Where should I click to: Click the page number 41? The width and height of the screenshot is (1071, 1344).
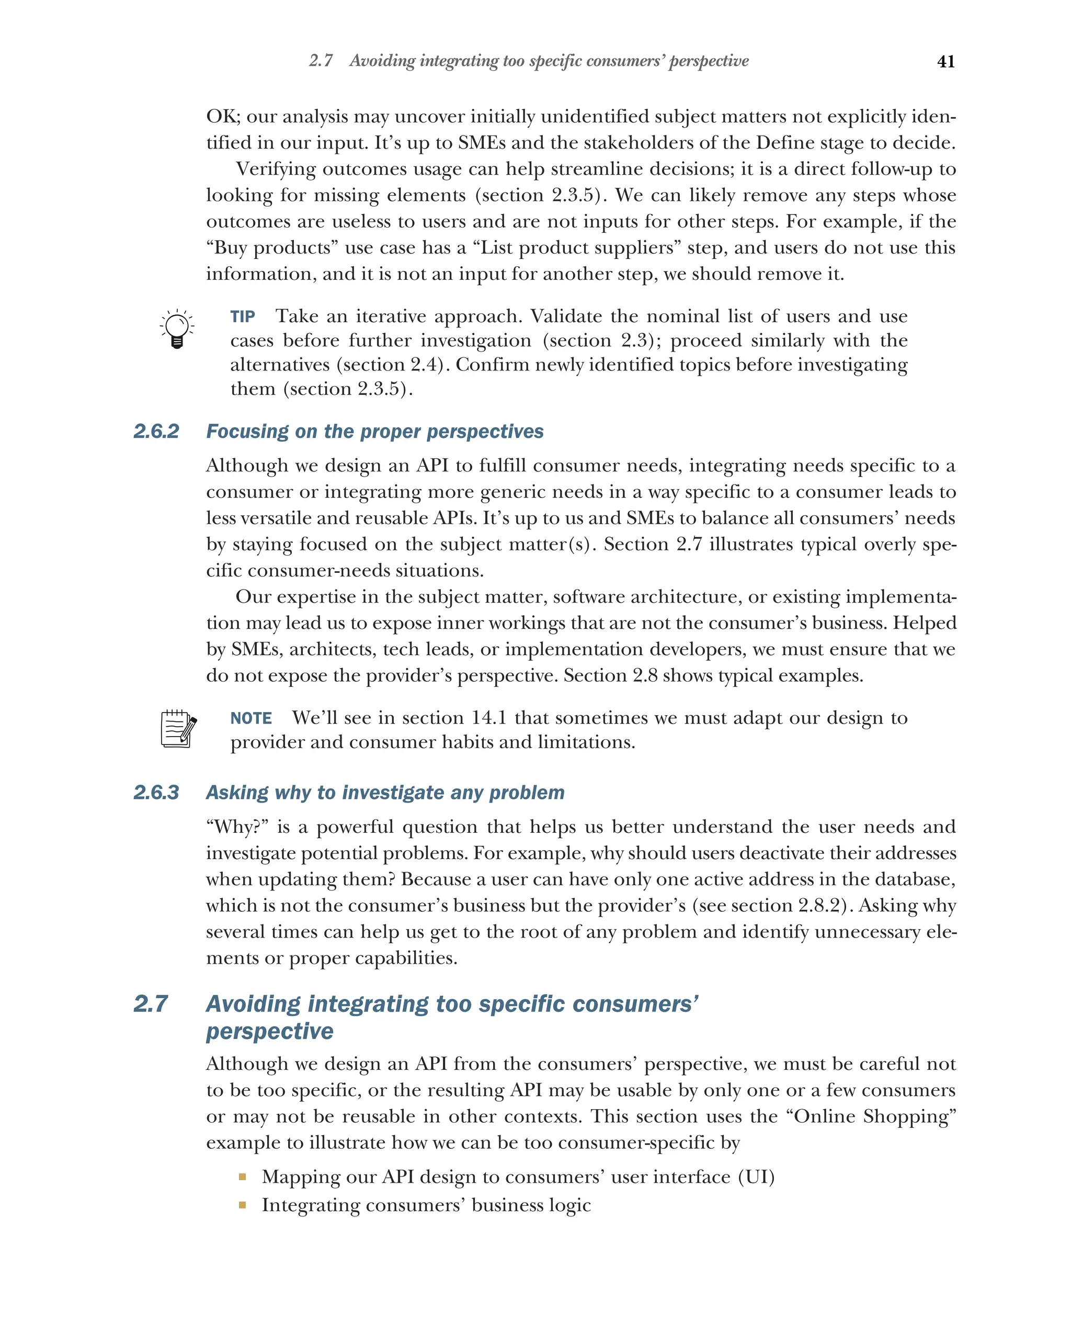[945, 62]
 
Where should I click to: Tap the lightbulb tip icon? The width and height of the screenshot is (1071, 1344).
[177, 329]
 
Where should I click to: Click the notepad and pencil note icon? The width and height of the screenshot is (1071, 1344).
[178, 728]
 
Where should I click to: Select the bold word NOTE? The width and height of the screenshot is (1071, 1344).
[250, 719]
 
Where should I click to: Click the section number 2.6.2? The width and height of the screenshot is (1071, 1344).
[156, 432]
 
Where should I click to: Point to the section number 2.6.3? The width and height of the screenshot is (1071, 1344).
[156, 792]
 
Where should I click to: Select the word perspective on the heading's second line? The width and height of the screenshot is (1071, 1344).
[270, 1032]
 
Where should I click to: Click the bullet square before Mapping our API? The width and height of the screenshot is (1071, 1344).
[242, 1177]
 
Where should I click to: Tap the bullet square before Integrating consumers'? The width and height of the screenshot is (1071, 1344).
[242, 1205]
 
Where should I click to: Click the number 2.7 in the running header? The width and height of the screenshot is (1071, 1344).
[321, 61]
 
